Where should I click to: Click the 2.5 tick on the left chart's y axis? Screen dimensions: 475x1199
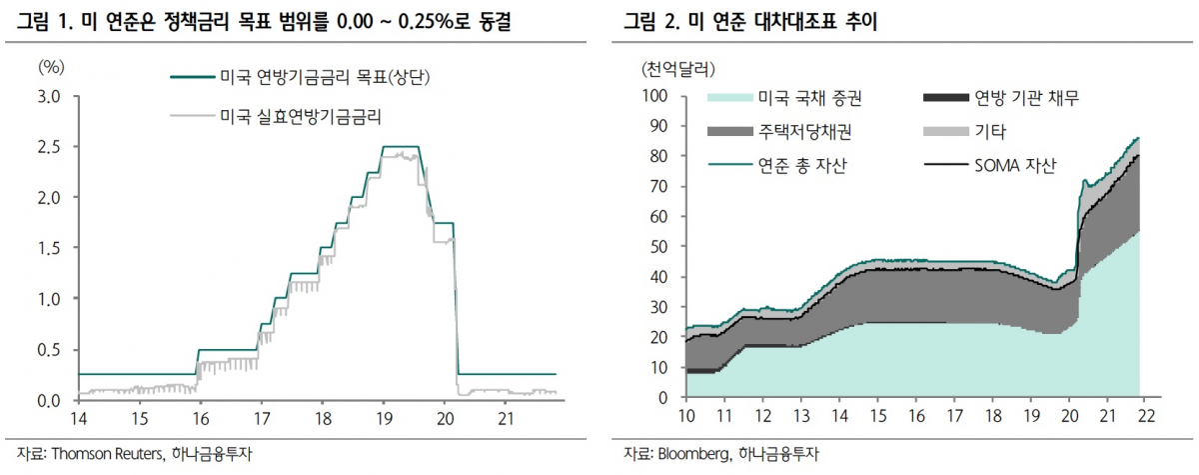(x=48, y=147)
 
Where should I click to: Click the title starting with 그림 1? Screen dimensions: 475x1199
(x=265, y=21)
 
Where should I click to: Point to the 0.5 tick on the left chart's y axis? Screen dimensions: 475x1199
(x=48, y=349)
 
